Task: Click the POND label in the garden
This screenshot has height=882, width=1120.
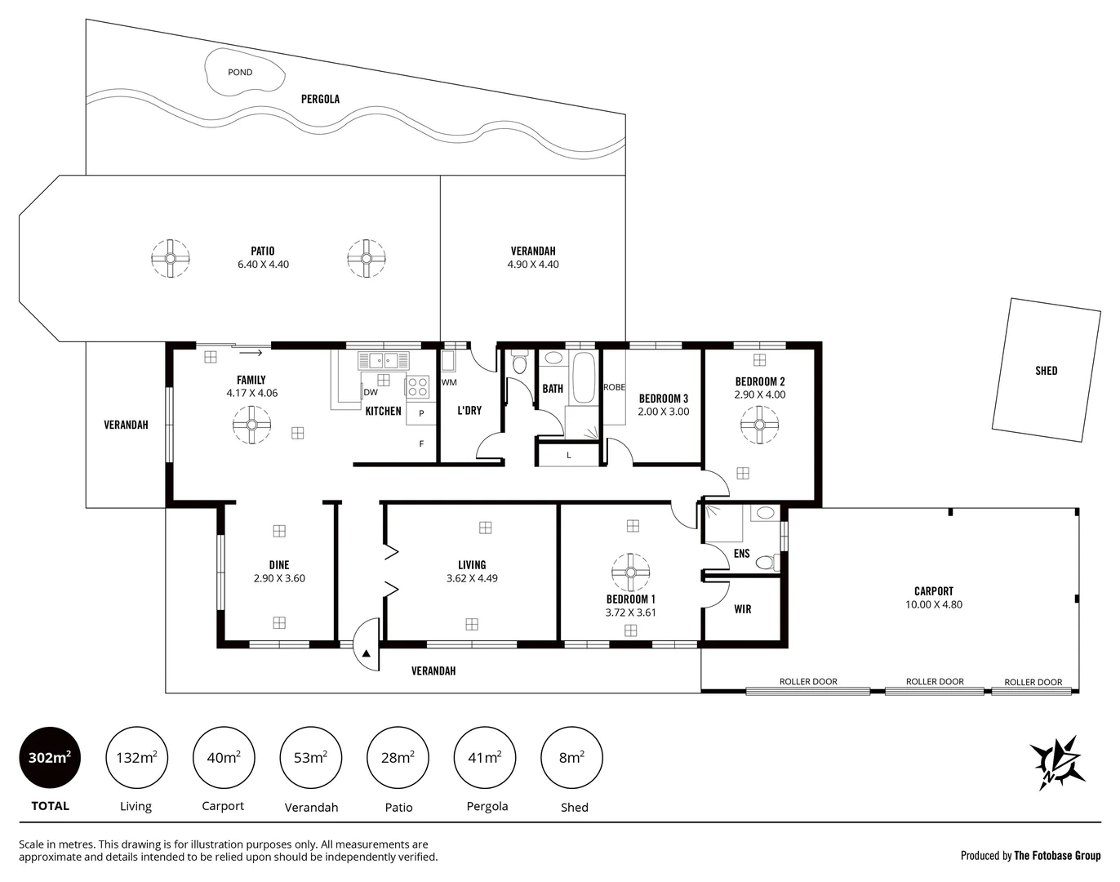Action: (x=240, y=73)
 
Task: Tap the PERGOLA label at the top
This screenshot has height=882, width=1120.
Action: (x=320, y=99)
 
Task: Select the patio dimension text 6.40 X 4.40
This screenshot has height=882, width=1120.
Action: (x=263, y=265)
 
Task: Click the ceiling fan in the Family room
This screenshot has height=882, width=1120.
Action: (x=251, y=425)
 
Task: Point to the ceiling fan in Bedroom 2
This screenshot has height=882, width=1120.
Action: (x=759, y=425)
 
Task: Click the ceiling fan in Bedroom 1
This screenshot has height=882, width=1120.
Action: (x=630, y=572)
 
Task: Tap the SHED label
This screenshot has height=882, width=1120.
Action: (x=1046, y=371)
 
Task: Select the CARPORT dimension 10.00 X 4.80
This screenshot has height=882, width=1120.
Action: (x=934, y=605)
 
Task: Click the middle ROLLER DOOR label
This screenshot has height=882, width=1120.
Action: (x=935, y=681)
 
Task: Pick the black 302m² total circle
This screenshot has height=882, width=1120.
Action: (x=50, y=758)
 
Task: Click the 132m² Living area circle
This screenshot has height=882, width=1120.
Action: (x=136, y=758)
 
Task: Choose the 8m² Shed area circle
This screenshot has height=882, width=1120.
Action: (x=572, y=758)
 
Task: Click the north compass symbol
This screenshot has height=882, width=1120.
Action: (x=1057, y=762)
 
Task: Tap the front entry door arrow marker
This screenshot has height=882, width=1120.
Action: (x=367, y=653)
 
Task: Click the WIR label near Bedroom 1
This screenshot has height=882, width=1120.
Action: (x=743, y=609)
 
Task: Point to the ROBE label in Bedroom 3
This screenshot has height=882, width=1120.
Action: (x=614, y=387)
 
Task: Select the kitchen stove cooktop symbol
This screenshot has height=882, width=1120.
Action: (x=417, y=385)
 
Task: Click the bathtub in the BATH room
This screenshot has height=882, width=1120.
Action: (x=584, y=377)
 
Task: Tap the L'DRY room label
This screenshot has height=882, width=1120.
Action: (x=469, y=411)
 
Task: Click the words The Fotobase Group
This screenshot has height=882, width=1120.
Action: (x=1057, y=856)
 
